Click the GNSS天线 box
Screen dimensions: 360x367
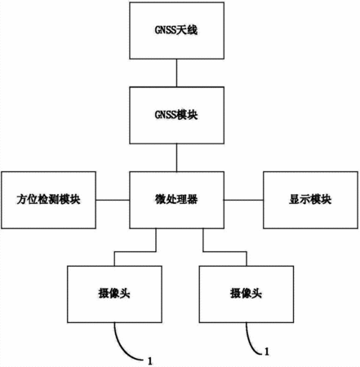click(176, 30)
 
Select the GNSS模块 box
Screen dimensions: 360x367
click(176, 115)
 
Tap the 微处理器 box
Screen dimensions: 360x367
click(176, 200)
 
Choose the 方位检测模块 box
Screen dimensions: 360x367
click(48, 200)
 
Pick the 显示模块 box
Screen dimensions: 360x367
click(310, 200)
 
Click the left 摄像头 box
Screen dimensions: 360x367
click(114, 294)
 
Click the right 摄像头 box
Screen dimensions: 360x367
click(247, 294)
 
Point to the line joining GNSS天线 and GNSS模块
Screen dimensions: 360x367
click(176, 73)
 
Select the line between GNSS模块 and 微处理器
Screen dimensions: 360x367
click(176, 157)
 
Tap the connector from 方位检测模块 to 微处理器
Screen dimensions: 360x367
click(113, 200)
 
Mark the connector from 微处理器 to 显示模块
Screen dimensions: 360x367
click(244, 200)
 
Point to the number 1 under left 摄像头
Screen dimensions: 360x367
click(150, 361)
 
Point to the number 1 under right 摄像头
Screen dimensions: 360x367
click(267, 352)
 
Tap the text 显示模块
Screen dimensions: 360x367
click(310, 200)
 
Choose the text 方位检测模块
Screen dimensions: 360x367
click(48, 200)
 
